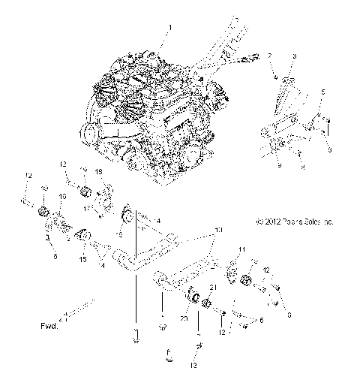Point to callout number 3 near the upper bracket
click(295, 56)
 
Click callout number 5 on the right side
click(322, 92)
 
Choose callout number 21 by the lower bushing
click(214, 288)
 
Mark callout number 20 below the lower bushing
click(185, 318)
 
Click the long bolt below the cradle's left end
click(136, 331)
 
